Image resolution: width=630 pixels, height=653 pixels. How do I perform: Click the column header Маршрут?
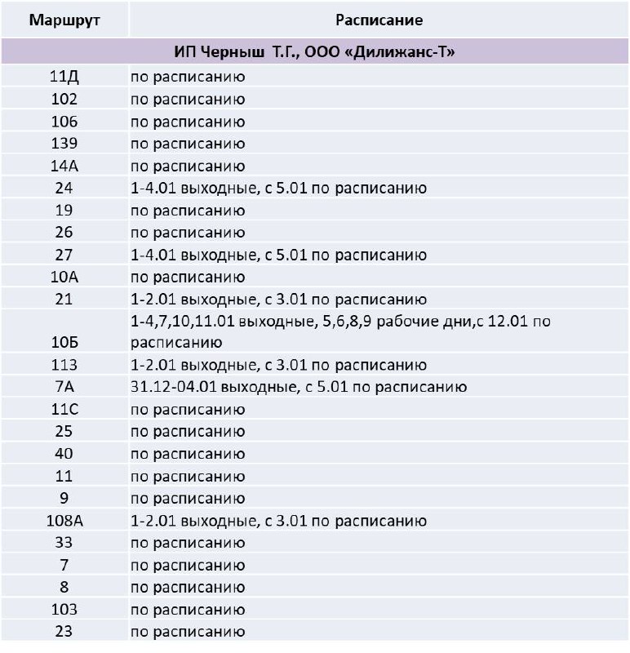coord(64,20)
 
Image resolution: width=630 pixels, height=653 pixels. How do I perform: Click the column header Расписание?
coord(379,20)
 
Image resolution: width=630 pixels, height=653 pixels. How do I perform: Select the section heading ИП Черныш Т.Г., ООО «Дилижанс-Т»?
coord(314,53)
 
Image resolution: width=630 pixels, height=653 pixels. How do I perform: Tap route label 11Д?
coord(64,78)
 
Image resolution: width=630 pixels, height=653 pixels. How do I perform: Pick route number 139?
coord(64,144)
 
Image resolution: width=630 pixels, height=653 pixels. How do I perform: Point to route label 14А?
coord(64,167)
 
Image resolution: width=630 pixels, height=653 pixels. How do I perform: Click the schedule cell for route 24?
coord(278,189)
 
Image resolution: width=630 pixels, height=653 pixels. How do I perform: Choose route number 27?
coord(64,255)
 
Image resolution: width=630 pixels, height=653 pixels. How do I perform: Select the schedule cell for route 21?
coord(278,299)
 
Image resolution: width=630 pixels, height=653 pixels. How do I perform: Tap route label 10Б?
coord(64,343)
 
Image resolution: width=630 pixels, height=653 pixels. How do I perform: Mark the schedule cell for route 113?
coord(278,365)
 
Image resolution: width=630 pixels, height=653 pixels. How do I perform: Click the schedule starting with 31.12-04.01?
coord(298,387)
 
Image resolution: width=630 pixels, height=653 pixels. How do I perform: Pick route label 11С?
coord(64,409)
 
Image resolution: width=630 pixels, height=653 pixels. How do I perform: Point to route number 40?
coord(64,453)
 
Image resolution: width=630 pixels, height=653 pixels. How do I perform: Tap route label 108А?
coord(64,520)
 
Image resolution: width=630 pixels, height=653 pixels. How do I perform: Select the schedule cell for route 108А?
coord(278,520)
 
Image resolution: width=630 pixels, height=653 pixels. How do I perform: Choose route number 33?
coord(64,542)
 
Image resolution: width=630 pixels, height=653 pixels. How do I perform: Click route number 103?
coord(64,609)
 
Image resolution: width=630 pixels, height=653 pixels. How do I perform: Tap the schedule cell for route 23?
coord(188,631)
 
